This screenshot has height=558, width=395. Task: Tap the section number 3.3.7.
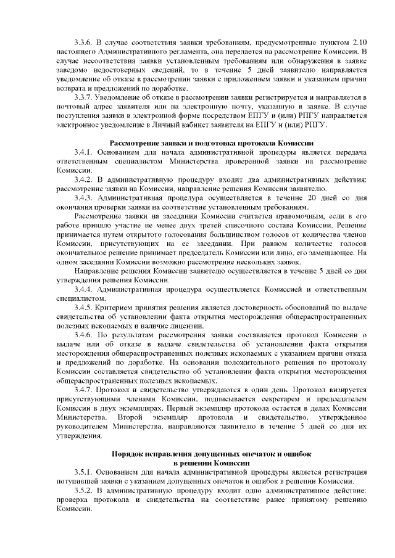coord(83,97)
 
